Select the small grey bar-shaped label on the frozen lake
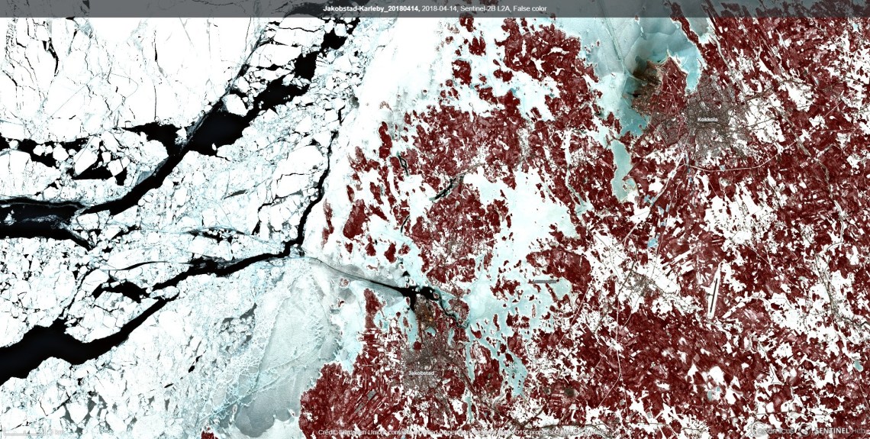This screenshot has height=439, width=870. [543, 281]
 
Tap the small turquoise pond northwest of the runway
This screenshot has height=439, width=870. [652, 243]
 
